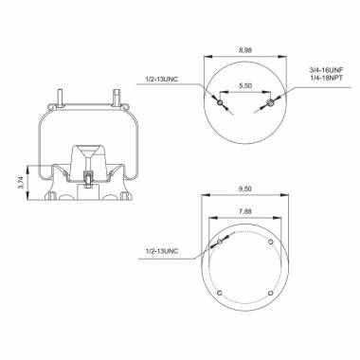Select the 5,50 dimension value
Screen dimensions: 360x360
(244, 87)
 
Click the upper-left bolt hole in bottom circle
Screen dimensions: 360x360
(220, 244)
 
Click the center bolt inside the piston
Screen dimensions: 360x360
(89, 176)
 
